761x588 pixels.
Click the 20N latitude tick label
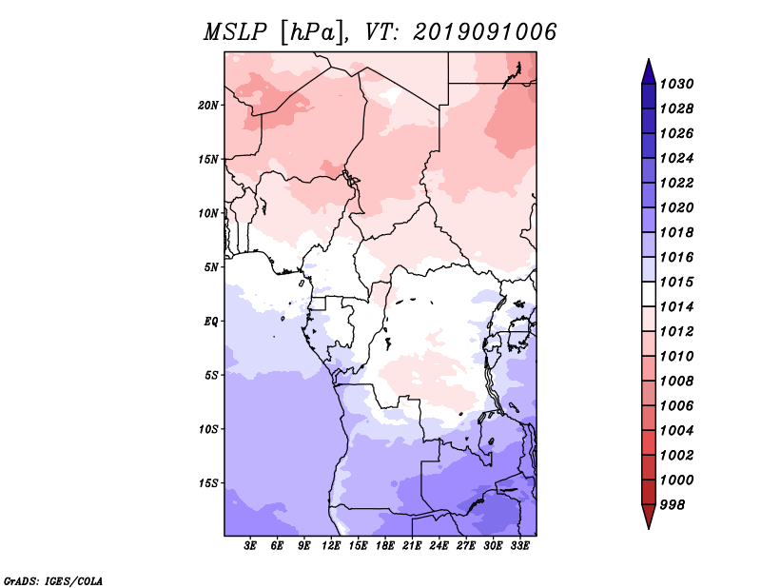pyautogui.click(x=208, y=106)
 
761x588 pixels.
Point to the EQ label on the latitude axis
pyautogui.click(x=211, y=322)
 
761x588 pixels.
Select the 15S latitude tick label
pyautogui.click(x=208, y=483)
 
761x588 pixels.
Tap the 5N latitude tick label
pyautogui.click(x=211, y=267)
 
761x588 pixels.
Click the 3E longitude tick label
pyautogui.click(x=250, y=546)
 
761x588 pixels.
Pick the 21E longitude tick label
pyautogui.click(x=412, y=546)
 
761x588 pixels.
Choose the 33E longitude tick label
pyautogui.click(x=519, y=546)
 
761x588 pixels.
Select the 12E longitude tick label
pyautogui.click(x=331, y=546)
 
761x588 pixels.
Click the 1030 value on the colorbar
pyautogui.click(x=677, y=84)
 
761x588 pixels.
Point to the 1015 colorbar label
pyautogui.click(x=677, y=282)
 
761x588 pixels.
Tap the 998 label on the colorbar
pyautogui.click(x=673, y=505)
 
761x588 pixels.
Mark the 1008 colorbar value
pyautogui.click(x=677, y=382)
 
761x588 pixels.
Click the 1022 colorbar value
pyautogui.click(x=677, y=183)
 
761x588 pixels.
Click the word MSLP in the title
pyautogui.click(x=235, y=32)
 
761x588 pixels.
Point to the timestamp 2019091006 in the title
pyautogui.click(x=485, y=32)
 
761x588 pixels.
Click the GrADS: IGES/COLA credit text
pyautogui.click(x=53, y=581)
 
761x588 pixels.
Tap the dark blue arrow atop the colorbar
pyautogui.click(x=649, y=72)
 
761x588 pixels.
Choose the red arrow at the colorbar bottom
pyautogui.click(x=649, y=516)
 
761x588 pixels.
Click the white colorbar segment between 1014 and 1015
pyautogui.click(x=649, y=294)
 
